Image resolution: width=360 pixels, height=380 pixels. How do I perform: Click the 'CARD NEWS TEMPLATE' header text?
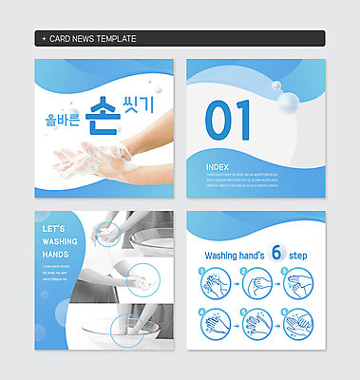(x=91, y=38)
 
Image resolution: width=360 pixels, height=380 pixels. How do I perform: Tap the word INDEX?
(x=217, y=166)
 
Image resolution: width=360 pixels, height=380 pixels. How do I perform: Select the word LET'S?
(x=54, y=229)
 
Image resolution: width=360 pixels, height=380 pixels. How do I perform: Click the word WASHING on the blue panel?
(x=61, y=242)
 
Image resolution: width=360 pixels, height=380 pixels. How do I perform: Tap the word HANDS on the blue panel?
(x=55, y=256)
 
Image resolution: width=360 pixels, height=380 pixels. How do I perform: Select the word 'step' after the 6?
(x=299, y=256)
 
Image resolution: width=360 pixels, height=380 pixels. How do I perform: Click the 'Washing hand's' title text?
(x=237, y=256)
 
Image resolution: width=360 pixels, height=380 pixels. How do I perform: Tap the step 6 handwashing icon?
(x=296, y=326)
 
